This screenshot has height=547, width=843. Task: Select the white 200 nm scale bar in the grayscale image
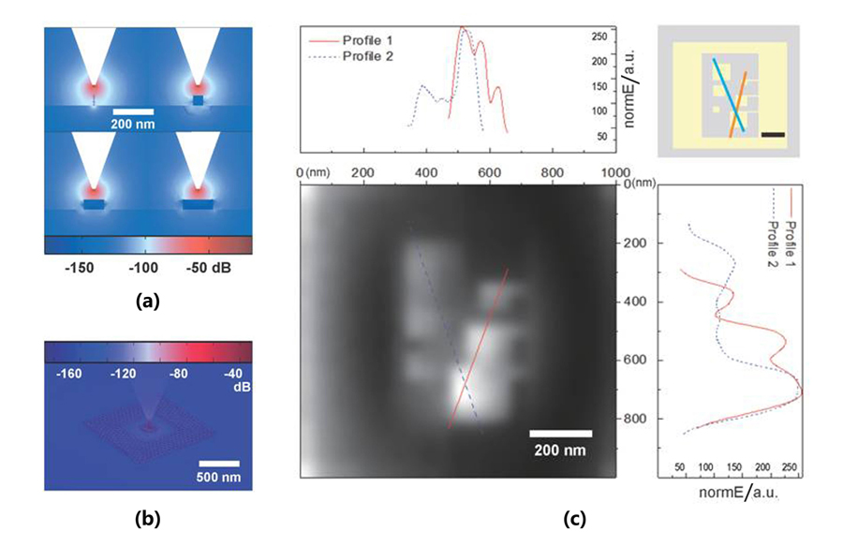[x=561, y=433]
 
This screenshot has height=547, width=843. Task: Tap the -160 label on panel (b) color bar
[x=73, y=373]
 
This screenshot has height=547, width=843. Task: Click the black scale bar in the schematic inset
[x=772, y=135]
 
